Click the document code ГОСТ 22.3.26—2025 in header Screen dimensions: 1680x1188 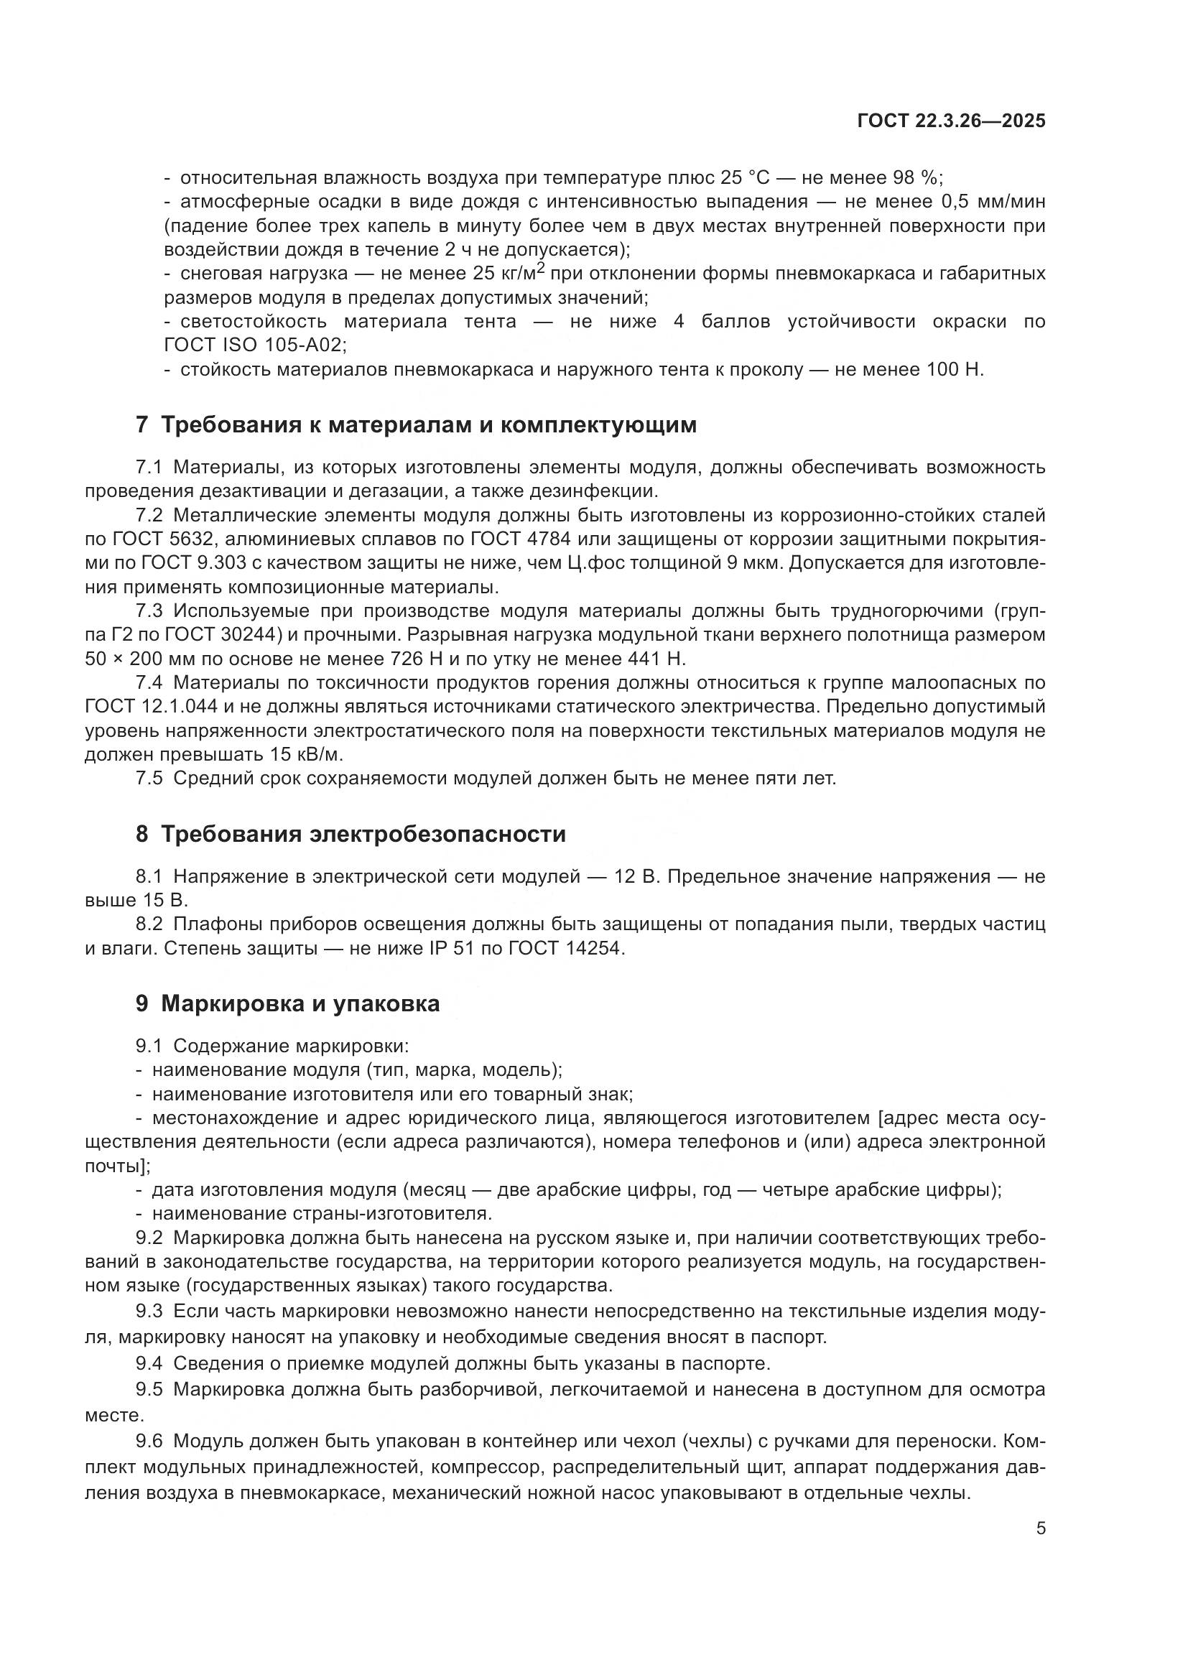[951, 121]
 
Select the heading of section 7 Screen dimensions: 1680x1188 [417, 424]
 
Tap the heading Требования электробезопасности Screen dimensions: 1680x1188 [351, 834]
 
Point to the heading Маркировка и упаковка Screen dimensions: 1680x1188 [288, 1003]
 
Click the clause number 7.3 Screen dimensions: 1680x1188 [149, 611]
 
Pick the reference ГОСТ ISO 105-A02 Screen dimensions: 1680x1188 [254, 345]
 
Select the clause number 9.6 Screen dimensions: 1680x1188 [149, 1442]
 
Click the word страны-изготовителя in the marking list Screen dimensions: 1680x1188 [392, 1214]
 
